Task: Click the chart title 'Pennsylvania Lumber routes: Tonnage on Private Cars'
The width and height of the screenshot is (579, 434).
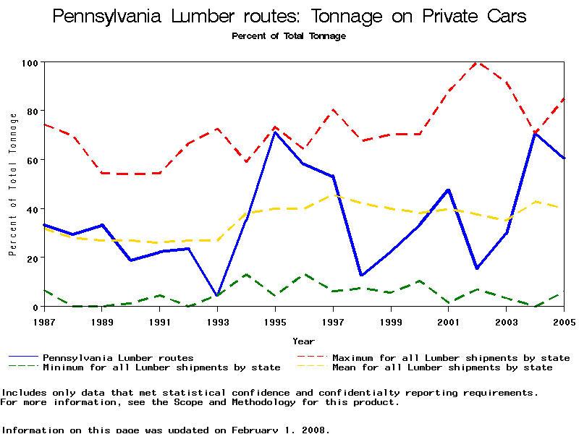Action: [289, 16]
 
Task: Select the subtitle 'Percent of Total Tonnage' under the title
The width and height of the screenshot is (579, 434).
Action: [289, 36]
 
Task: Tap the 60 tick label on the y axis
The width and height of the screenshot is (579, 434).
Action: [31, 160]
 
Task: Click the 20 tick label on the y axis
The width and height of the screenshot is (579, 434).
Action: [31, 258]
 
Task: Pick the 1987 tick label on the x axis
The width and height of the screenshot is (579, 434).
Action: [45, 320]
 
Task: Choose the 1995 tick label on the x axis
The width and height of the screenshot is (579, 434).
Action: [275, 320]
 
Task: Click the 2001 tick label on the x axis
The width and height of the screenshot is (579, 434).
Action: [449, 320]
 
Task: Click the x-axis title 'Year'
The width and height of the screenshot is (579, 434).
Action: [304, 341]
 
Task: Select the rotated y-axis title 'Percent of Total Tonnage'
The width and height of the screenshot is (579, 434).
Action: [12, 184]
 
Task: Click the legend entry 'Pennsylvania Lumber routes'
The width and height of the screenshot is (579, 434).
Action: [118, 357]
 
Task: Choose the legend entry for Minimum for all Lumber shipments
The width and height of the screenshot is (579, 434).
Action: [161, 367]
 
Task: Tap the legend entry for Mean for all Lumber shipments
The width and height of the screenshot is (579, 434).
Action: [441, 367]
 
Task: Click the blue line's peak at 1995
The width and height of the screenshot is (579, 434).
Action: [275, 132]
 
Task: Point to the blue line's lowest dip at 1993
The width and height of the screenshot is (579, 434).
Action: [217, 296]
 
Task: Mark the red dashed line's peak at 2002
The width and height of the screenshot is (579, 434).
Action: [477, 62]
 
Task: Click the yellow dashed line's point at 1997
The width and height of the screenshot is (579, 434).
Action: [333, 195]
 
